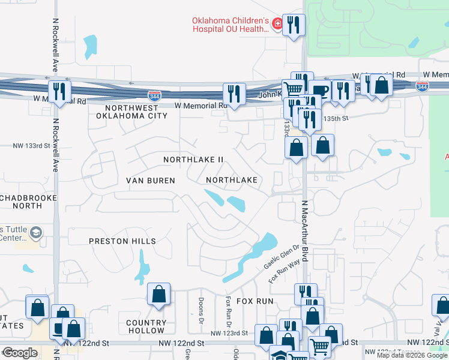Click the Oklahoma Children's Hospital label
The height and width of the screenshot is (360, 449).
[x=231, y=25]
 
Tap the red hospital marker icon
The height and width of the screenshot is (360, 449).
[x=277, y=25]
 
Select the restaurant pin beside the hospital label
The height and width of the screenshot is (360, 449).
[x=294, y=26]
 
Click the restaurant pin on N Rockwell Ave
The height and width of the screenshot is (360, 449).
[x=59, y=92]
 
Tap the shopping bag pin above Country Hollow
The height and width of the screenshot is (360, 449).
[x=159, y=295]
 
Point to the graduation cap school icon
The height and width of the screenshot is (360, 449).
[x=36, y=233]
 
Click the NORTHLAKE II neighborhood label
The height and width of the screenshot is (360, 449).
[x=194, y=160]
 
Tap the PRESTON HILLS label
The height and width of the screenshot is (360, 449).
[x=122, y=241]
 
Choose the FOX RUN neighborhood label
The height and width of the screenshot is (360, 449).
[x=255, y=301]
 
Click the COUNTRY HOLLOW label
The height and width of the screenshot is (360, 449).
[x=146, y=326]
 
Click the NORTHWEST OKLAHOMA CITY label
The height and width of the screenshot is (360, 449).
[x=136, y=112]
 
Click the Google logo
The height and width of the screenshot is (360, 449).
[x=20, y=353]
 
